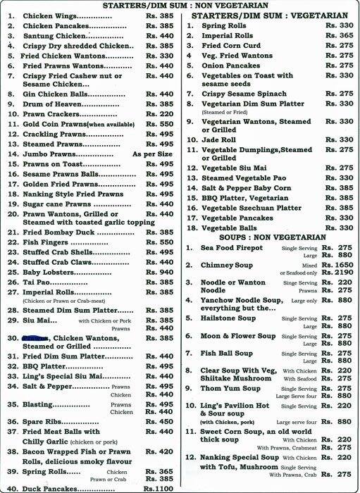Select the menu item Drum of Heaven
53,103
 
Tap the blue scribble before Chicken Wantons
34,337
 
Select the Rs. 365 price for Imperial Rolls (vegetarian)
341,35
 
